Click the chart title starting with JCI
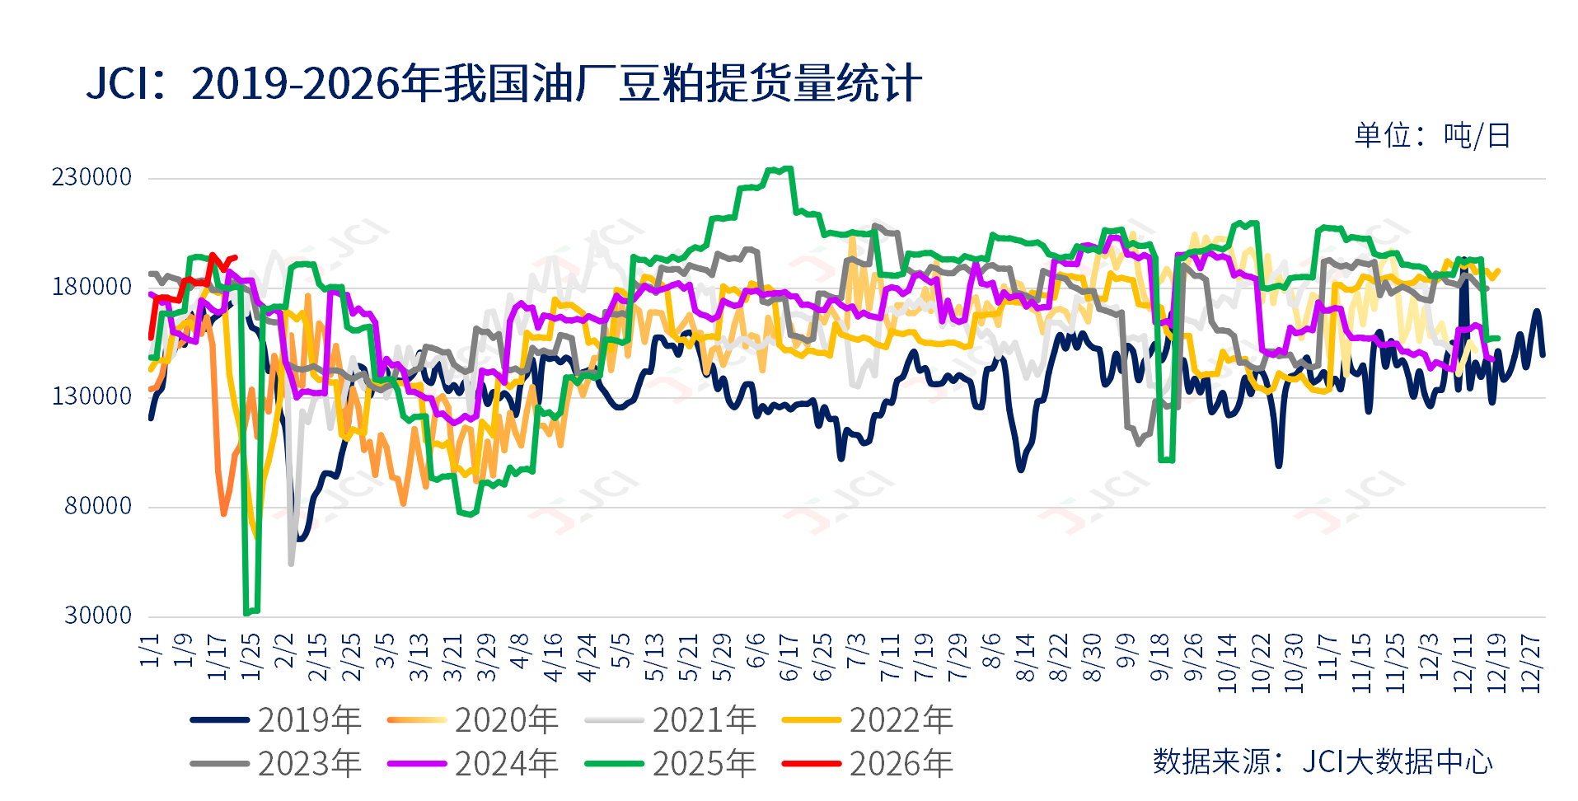503,84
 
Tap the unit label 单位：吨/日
1432,136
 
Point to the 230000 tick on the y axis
92,177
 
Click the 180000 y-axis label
92,287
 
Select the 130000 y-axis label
92,396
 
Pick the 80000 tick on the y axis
98,506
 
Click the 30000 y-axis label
98,616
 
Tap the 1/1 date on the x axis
150,650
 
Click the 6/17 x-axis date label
789,658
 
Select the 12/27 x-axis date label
1529,663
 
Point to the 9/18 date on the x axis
1159,658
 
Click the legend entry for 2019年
276,720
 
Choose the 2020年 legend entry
473,720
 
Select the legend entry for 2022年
868,720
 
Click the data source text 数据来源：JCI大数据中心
1322,761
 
